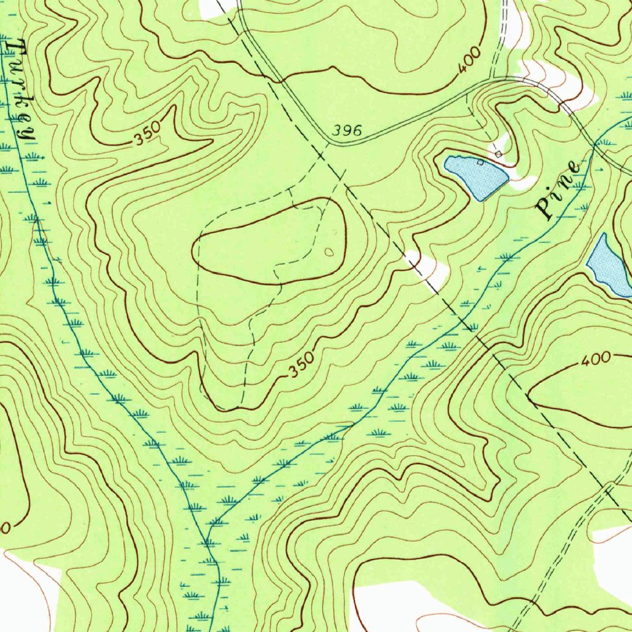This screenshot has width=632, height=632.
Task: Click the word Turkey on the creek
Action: coord(19,93)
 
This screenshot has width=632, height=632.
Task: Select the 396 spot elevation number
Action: coord(346,131)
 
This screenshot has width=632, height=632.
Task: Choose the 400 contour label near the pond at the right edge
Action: coord(596,359)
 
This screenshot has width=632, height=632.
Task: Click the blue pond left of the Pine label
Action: coord(475,175)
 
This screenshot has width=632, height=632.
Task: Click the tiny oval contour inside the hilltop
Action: coord(328,251)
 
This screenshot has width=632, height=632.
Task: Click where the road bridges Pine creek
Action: coord(594,146)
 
